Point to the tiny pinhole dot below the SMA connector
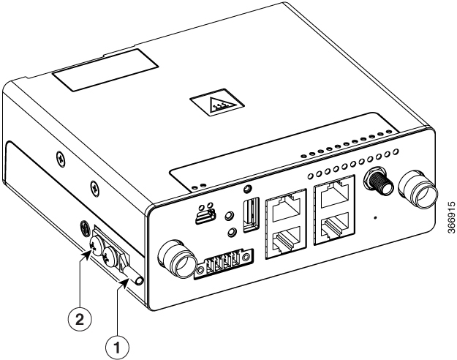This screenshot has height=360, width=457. [x=376, y=217]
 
